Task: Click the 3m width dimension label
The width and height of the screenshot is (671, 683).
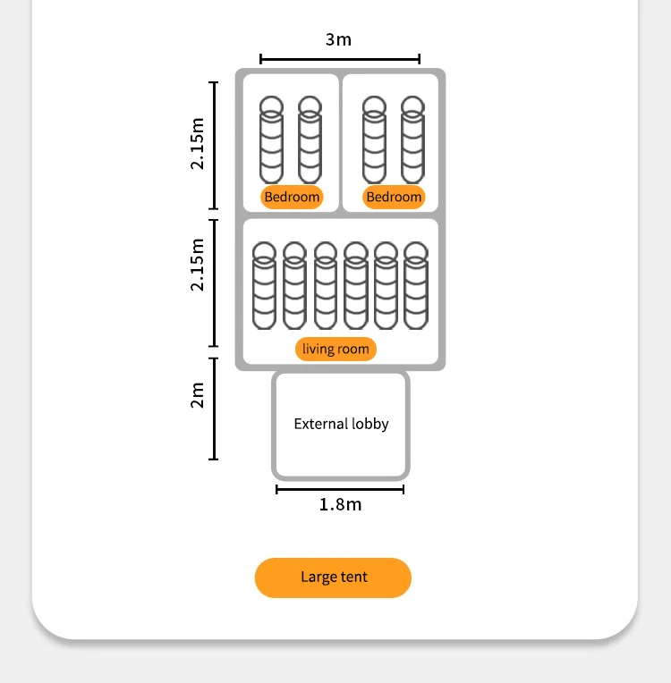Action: point(339,39)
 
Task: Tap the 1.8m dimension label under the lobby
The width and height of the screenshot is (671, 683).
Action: point(341,505)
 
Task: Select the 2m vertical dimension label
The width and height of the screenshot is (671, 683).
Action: point(198,394)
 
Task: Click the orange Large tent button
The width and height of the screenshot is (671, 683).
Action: point(333,578)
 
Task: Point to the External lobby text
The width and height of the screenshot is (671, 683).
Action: point(341,424)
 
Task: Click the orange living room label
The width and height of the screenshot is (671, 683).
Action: point(335,349)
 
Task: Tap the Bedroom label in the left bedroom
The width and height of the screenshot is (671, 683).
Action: point(292,197)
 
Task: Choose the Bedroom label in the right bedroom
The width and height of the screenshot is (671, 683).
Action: point(394,197)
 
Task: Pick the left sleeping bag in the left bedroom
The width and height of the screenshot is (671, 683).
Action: point(271,140)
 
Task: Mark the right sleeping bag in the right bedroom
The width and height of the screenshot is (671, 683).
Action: point(412,140)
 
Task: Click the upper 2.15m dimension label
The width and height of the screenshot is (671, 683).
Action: point(198,142)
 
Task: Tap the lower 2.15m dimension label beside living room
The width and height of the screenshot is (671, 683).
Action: point(198,265)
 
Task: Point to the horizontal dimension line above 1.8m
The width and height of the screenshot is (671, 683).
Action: point(340,489)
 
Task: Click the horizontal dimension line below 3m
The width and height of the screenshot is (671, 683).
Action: point(340,60)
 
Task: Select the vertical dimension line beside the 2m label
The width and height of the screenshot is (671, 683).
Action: point(214,409)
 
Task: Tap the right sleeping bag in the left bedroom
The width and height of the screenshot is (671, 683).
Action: point(310,140)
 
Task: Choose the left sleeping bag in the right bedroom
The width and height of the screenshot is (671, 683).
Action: point(374,140)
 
